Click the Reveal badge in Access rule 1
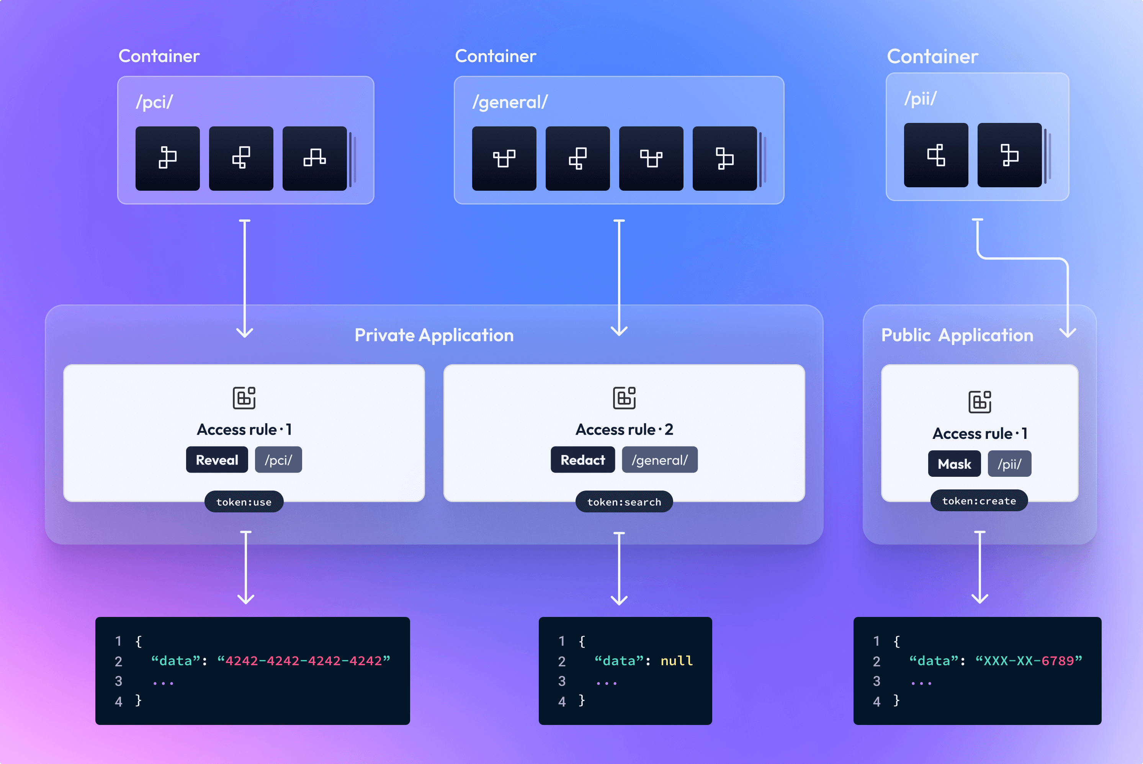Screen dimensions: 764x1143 pos(217,460)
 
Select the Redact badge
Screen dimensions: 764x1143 pos(583,460)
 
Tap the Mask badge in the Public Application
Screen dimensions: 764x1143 pos(954,464)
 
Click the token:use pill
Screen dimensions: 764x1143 pos(244,502)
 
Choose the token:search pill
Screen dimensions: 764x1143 pos(624,502)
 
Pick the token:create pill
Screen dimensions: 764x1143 pos(979,501)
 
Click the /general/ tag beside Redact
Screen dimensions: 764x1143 pos(660,460)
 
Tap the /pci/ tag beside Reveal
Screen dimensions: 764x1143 pos(278,460)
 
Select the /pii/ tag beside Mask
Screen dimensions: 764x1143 pos(1009,464)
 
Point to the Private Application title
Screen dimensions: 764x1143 pos(433,335)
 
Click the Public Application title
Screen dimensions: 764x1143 pos(957,335)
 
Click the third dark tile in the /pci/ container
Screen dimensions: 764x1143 pos(315,159)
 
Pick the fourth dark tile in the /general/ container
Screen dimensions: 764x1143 pos(724,159)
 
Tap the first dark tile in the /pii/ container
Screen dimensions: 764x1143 pos(936,155)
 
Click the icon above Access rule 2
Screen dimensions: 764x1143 pos(624,398)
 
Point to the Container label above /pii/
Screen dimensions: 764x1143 pos(932,57)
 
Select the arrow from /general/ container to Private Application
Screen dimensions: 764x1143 pos(619,278)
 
